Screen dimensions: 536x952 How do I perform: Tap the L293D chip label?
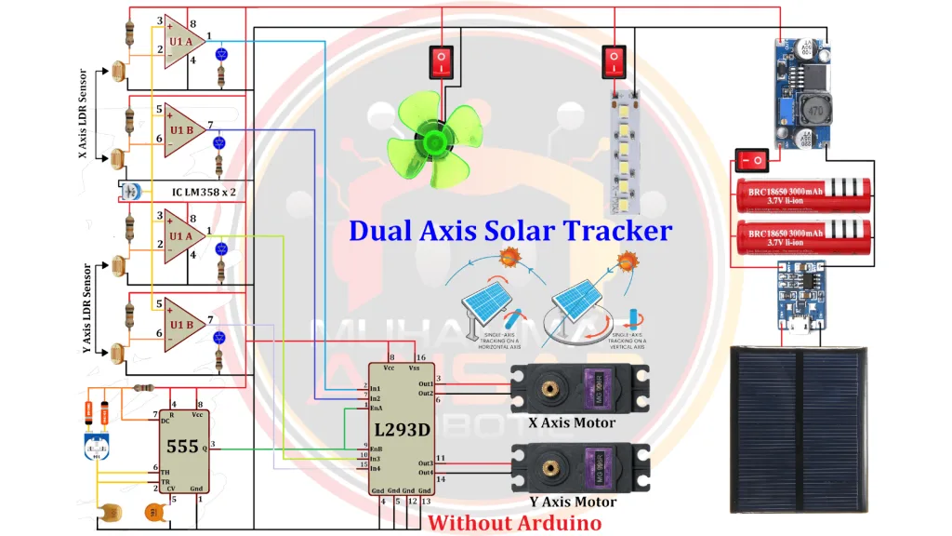(x=402, y=430)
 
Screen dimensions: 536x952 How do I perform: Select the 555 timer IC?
(x=182, y=446)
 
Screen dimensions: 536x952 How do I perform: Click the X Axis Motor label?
(x=572, y=422)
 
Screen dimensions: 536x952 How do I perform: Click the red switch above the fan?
(x=441, y=63)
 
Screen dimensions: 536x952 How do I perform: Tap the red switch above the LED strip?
(x=613, y=62)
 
